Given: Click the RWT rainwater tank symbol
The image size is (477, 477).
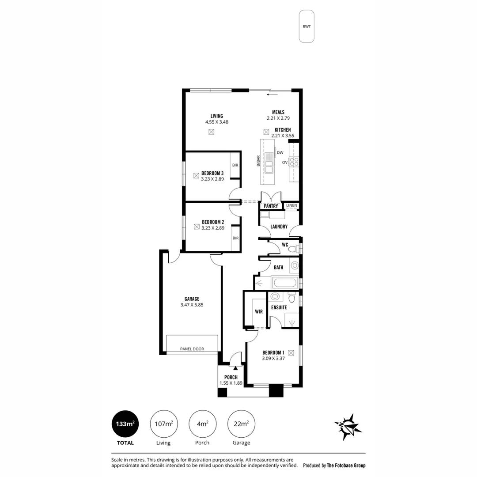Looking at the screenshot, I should pyautogui.click(x=307, y=26).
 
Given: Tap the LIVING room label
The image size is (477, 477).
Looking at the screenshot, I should pyautogui.click(x=216, y=116).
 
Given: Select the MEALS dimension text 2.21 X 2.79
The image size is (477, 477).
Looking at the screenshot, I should pyautogui.click(x=278, y=118).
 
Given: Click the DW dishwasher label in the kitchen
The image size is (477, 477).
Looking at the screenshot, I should pyautogui.click(x=280, y=153).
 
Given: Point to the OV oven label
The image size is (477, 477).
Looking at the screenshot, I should pyautogui.click(x=285, y=163).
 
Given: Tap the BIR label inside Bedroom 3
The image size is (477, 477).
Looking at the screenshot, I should pyautogui.click(x=235, y=165).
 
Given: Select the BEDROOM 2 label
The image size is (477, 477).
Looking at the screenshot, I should pyautogui.click(x=213, y=222).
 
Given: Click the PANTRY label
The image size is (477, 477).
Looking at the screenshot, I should pyautogui.click(x=271, y=206).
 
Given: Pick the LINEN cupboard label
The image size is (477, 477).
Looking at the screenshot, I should pyautogui.click(x=291, y=206).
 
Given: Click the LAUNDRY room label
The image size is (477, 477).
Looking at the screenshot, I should pyautogui.click(x=279, y=227).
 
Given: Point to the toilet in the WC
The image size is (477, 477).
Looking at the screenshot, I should pyautogui.click(x=292, y=249).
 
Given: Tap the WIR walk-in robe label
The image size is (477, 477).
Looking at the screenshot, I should pyautogui.click(x=259, y=311).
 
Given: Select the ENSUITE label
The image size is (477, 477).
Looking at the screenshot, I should pyautogui.click(x=279, y=307).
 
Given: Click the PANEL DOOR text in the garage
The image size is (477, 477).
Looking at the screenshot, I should pyautogui.click(x=192, y=349).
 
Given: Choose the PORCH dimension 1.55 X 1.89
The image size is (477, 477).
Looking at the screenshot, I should pyautogui.click(x=231, y=383).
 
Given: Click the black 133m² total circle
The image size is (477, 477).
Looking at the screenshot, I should pyautogui.click(x=125, y=424).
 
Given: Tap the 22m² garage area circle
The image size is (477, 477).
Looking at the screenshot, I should pyautogui.click(x=241, y=424).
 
